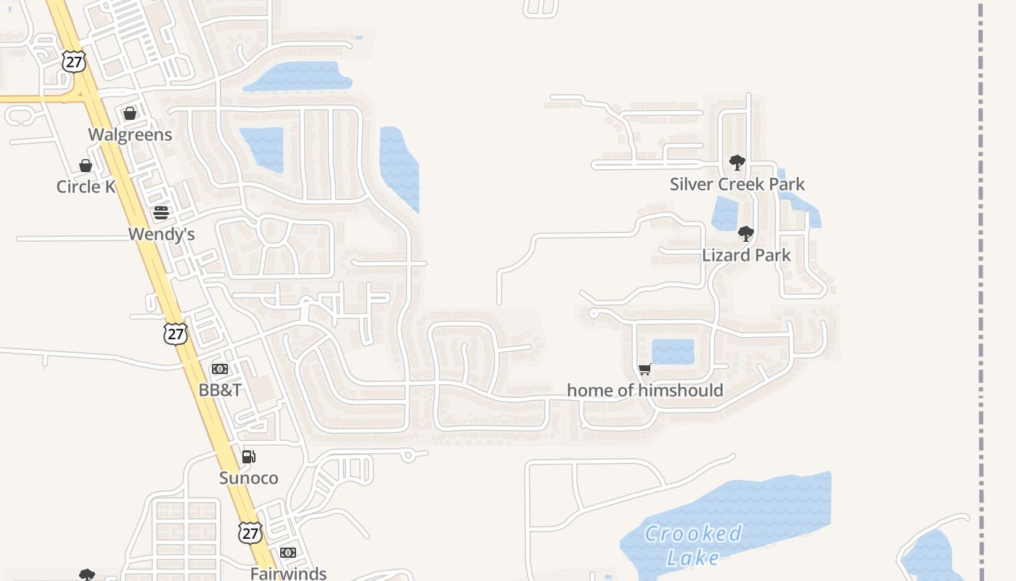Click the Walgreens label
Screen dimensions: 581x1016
[x=130, y=134]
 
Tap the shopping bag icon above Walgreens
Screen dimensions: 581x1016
[x=130, y=113]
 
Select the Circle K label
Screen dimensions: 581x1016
[x=86, y=187]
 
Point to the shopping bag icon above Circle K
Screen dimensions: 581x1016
[x=86, y=166]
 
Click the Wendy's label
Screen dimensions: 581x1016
[x=161, y=234]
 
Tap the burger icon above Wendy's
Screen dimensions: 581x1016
[x=161, y=213]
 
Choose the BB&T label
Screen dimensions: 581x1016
[x=220, y=390]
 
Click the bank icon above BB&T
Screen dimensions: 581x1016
[x=220, y=369]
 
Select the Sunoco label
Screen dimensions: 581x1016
[x=248, y=478]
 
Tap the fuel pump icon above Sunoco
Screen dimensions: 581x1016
[x=248, y=457]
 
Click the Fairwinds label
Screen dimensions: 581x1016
[x=288, y=573]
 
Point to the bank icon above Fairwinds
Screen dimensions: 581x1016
[x=288, y=553]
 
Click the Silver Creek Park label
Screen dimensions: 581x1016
[x=737, y=184]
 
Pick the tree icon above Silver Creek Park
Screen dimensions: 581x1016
[x=737, y=163]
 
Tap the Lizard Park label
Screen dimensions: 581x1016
[x=746, y=255]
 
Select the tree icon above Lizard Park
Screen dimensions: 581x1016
[x=745, y=234]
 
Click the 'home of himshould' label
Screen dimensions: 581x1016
[x=644, y=390]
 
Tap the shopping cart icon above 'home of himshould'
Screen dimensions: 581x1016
[x=645, y=369]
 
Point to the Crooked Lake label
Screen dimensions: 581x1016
[x=693, y=545]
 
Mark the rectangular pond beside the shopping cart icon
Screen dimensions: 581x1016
[x=673, y=352]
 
